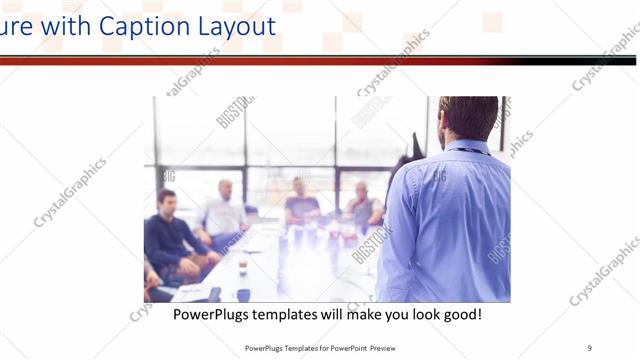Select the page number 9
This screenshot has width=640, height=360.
coord(589,348)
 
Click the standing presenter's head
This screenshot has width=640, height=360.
coord(468,118)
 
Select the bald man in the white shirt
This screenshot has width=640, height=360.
coord(226,210)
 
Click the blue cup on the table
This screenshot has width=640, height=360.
coord(243,294)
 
